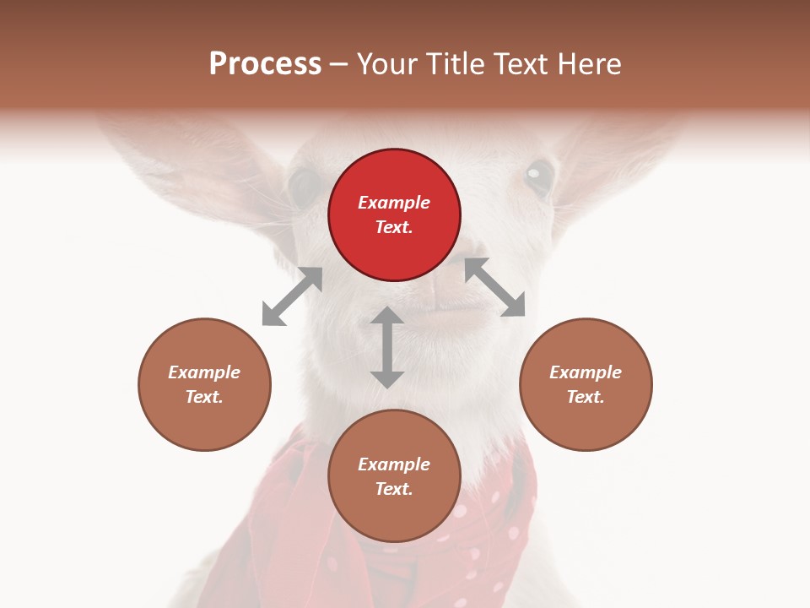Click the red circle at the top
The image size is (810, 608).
click(394, 214)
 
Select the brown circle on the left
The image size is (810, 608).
click(204, 384)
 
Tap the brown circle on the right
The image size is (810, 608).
click(586, 384)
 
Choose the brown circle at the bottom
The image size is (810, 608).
click(394, 475)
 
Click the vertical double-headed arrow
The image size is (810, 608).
click(387, 347)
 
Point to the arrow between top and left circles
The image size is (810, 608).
click(292, 296)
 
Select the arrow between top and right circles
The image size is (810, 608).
click(495, 287)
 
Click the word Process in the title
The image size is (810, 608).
click(265, 63)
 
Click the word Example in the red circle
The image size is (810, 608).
click(394, 203)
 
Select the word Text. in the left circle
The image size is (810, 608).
click(204, 397)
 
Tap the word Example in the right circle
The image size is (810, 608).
click(586, 372)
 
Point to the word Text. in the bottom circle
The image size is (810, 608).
click(394, 489)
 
